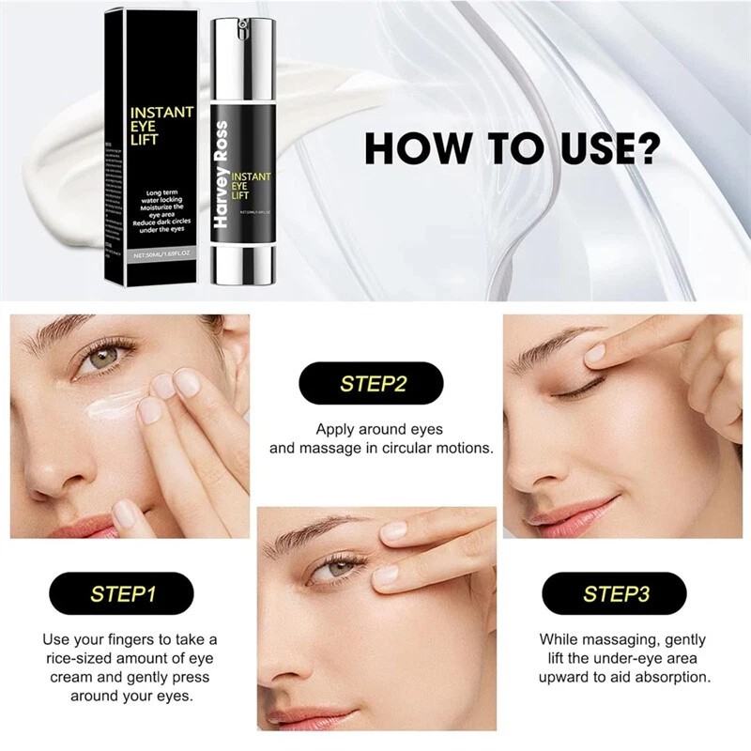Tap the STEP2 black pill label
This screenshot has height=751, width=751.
pyautogui.click(x=370, y=383)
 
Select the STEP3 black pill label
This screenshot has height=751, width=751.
pyautogui.click(x=616, y=593)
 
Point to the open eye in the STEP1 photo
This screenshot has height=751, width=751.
pyautogui.click(x=100, y=359)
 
